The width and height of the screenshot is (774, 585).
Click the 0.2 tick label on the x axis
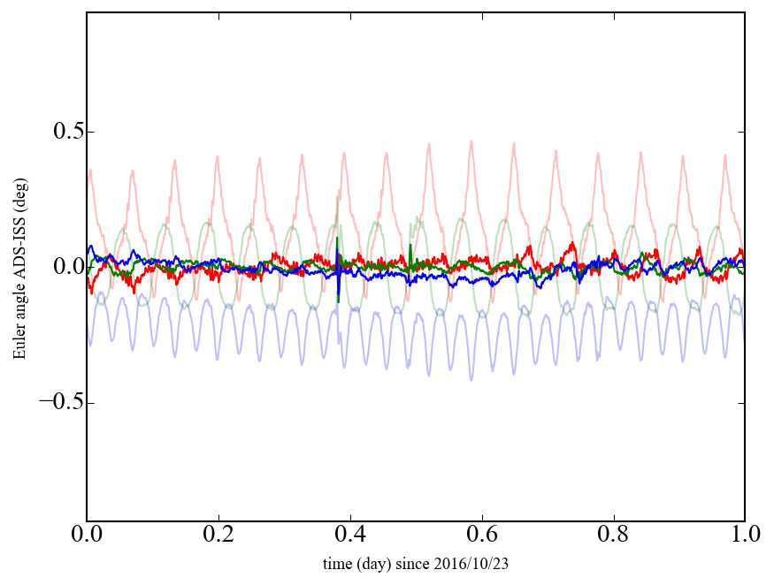(x=218, y=536)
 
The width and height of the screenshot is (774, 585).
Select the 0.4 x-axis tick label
(x=350, y=536)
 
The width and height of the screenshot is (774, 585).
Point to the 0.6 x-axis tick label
(x=482, y=536)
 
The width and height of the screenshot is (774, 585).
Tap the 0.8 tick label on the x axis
(x=613, y=536)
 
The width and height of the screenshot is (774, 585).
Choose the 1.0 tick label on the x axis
(x=744, y=536)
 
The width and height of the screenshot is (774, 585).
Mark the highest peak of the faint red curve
(x=471, y=141)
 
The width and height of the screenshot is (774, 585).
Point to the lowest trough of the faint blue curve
(x=471, y=380)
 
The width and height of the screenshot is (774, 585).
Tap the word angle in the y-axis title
(x=19, y=307)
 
